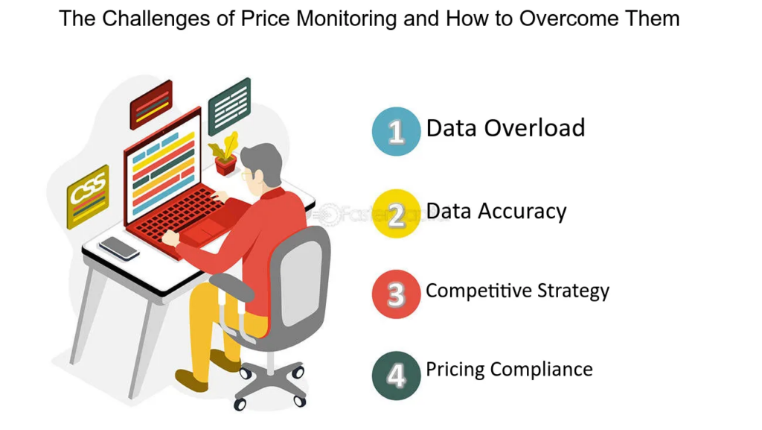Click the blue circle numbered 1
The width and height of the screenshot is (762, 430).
(396, 131)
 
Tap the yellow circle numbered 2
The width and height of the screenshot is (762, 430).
(396, 214)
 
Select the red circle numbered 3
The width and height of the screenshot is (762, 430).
(396, 294)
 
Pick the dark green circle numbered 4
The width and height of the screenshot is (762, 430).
(396, 375)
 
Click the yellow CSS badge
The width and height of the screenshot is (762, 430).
(88, 195)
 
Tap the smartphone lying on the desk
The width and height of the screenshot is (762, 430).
(119, 247)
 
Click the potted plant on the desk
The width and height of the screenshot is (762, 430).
(225, 154)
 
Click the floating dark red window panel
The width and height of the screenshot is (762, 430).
(151, 104)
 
